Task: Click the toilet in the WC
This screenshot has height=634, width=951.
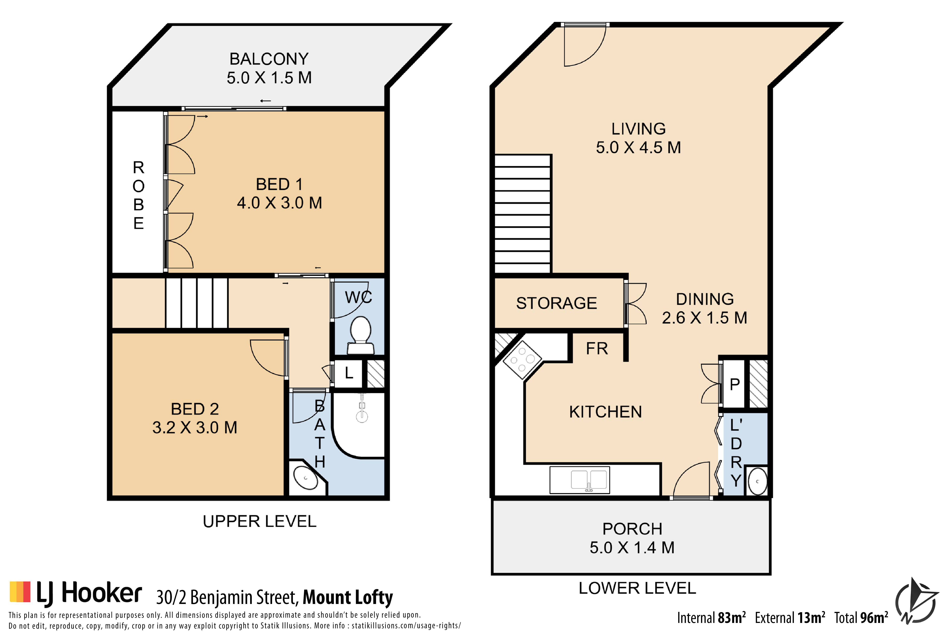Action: click(360, 336)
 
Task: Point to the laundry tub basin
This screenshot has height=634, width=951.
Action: click(757, 481)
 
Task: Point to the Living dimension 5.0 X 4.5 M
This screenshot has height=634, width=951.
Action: click(638, 148)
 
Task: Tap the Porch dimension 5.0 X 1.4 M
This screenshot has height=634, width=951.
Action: click(632, 547)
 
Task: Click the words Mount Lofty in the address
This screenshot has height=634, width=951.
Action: click(348, 598)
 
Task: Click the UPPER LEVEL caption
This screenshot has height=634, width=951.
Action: click(260, 522)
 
